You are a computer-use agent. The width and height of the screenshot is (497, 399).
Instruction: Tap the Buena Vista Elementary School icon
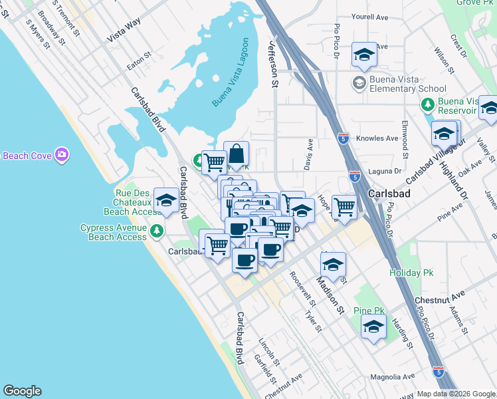click(359, 82)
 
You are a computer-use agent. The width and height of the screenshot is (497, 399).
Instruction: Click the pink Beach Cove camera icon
click(62, 155)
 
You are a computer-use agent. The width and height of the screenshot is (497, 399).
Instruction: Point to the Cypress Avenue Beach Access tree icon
click(156, 231)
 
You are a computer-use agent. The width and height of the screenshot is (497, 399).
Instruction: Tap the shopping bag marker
click(236, 155)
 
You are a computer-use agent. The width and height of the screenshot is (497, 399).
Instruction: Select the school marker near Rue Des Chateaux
click(165, 199)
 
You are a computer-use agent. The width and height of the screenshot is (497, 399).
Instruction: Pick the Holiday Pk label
click(406, 273)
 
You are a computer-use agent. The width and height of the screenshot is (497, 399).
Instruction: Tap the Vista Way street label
click(125, 31)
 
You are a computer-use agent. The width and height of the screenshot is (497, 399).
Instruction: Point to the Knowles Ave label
click(377, 138)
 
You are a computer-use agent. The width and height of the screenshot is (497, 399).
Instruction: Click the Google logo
click(22, 391)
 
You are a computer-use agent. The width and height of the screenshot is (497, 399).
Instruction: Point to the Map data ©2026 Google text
click(456, 394)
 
